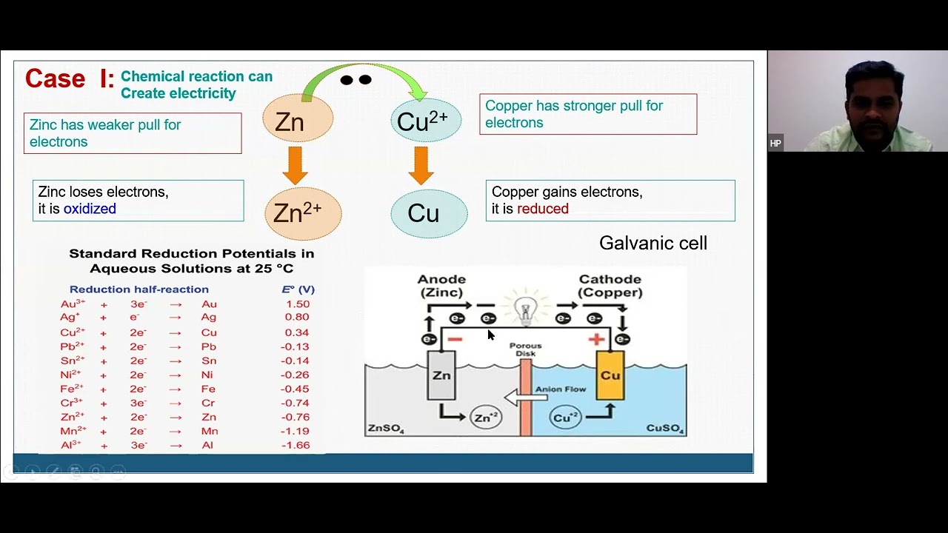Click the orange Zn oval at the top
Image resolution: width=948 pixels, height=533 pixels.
[x=298, y=119]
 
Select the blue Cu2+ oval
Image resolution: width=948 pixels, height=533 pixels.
[x=425, y=120]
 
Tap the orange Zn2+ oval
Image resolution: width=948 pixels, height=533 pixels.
[x=303, y=213]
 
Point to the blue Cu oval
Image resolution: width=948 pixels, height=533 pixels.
[x=428, y=213]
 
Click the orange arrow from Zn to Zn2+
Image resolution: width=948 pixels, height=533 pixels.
[x=295, y=164]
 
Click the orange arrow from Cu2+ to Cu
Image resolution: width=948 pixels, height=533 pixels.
[x=421, y=164]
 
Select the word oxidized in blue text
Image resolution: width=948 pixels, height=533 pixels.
[x=90, y=209]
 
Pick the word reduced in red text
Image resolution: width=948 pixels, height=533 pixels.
[x=543, y=209]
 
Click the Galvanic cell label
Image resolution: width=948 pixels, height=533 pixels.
[x=652, y=243]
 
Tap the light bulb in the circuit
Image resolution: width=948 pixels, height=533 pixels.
[x=525, y=309]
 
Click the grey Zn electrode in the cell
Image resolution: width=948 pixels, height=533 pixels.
[x=441, y=375]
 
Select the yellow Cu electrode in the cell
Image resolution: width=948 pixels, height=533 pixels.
[x=610, y=375]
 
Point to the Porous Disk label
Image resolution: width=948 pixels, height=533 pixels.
[x=526, y=349]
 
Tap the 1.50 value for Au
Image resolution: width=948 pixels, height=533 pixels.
[x=297, y=304]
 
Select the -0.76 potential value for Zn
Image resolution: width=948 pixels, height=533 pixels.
[x=296, y=417]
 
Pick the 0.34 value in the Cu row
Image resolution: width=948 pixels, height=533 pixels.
[x=297, y=332]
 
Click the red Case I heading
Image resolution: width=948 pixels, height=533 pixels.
[x=70, y=78]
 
